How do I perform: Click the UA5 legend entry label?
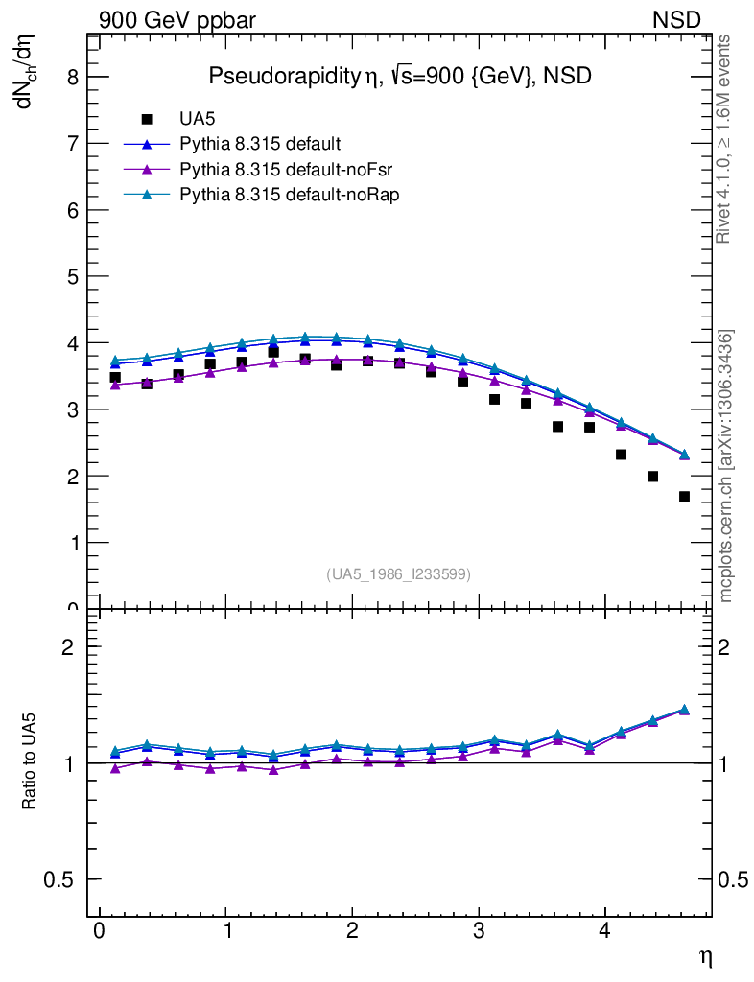[198, 120]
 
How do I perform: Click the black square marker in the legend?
[147, 120]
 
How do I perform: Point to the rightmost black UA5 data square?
[684, 497]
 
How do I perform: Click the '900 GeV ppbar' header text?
[177, 19]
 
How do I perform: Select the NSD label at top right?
[677, 19]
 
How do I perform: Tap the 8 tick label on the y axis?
[71, 78]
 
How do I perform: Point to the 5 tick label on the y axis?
[71, 276]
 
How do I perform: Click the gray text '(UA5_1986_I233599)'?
[399, 574]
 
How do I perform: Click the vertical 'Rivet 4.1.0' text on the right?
[725, 139]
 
